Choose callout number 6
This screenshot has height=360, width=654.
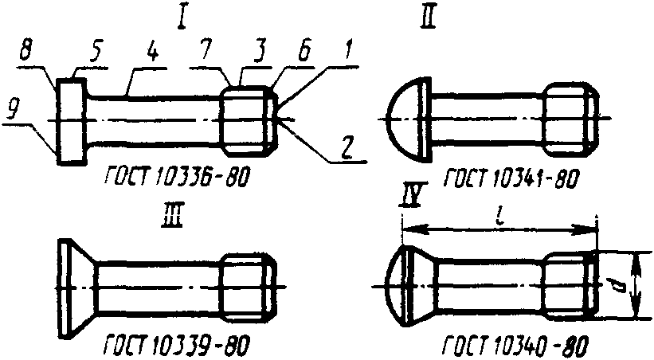tap(305, 52)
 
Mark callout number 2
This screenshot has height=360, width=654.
tap(348, 147)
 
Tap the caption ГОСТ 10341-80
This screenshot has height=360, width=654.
tap(511, 179)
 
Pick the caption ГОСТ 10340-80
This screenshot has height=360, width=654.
tap(515, 345)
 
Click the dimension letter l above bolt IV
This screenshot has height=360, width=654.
tap(500, 217)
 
